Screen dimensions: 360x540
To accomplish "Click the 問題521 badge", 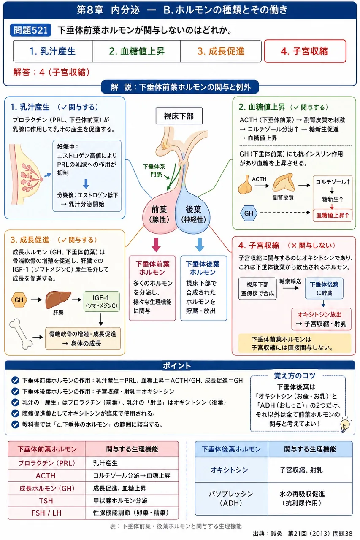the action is pos(30,30).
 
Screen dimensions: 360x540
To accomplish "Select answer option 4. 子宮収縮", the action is pos(305,51).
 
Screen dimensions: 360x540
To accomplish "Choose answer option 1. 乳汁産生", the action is pos(53,51).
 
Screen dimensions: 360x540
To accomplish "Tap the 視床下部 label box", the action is pos(179,116).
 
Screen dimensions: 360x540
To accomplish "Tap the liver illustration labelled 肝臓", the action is pos(58,299).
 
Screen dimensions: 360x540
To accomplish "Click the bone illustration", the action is pos(21,334).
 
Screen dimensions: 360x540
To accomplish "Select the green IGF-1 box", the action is pos(102,301).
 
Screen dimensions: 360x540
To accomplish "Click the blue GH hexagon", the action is pos(249,213).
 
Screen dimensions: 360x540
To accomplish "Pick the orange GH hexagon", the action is pos(19,300).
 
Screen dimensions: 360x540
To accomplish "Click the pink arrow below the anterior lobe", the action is pos(156,244).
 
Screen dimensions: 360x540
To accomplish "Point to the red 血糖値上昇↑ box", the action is pos(333,215).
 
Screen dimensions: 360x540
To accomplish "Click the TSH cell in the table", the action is pos(46,501).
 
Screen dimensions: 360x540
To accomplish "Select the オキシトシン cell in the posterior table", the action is pos(229,470).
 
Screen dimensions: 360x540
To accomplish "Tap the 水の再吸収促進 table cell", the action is pos(310,498).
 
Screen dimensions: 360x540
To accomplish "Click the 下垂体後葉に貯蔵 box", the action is pos(324,289).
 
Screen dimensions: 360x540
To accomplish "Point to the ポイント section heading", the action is pos(177,366).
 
